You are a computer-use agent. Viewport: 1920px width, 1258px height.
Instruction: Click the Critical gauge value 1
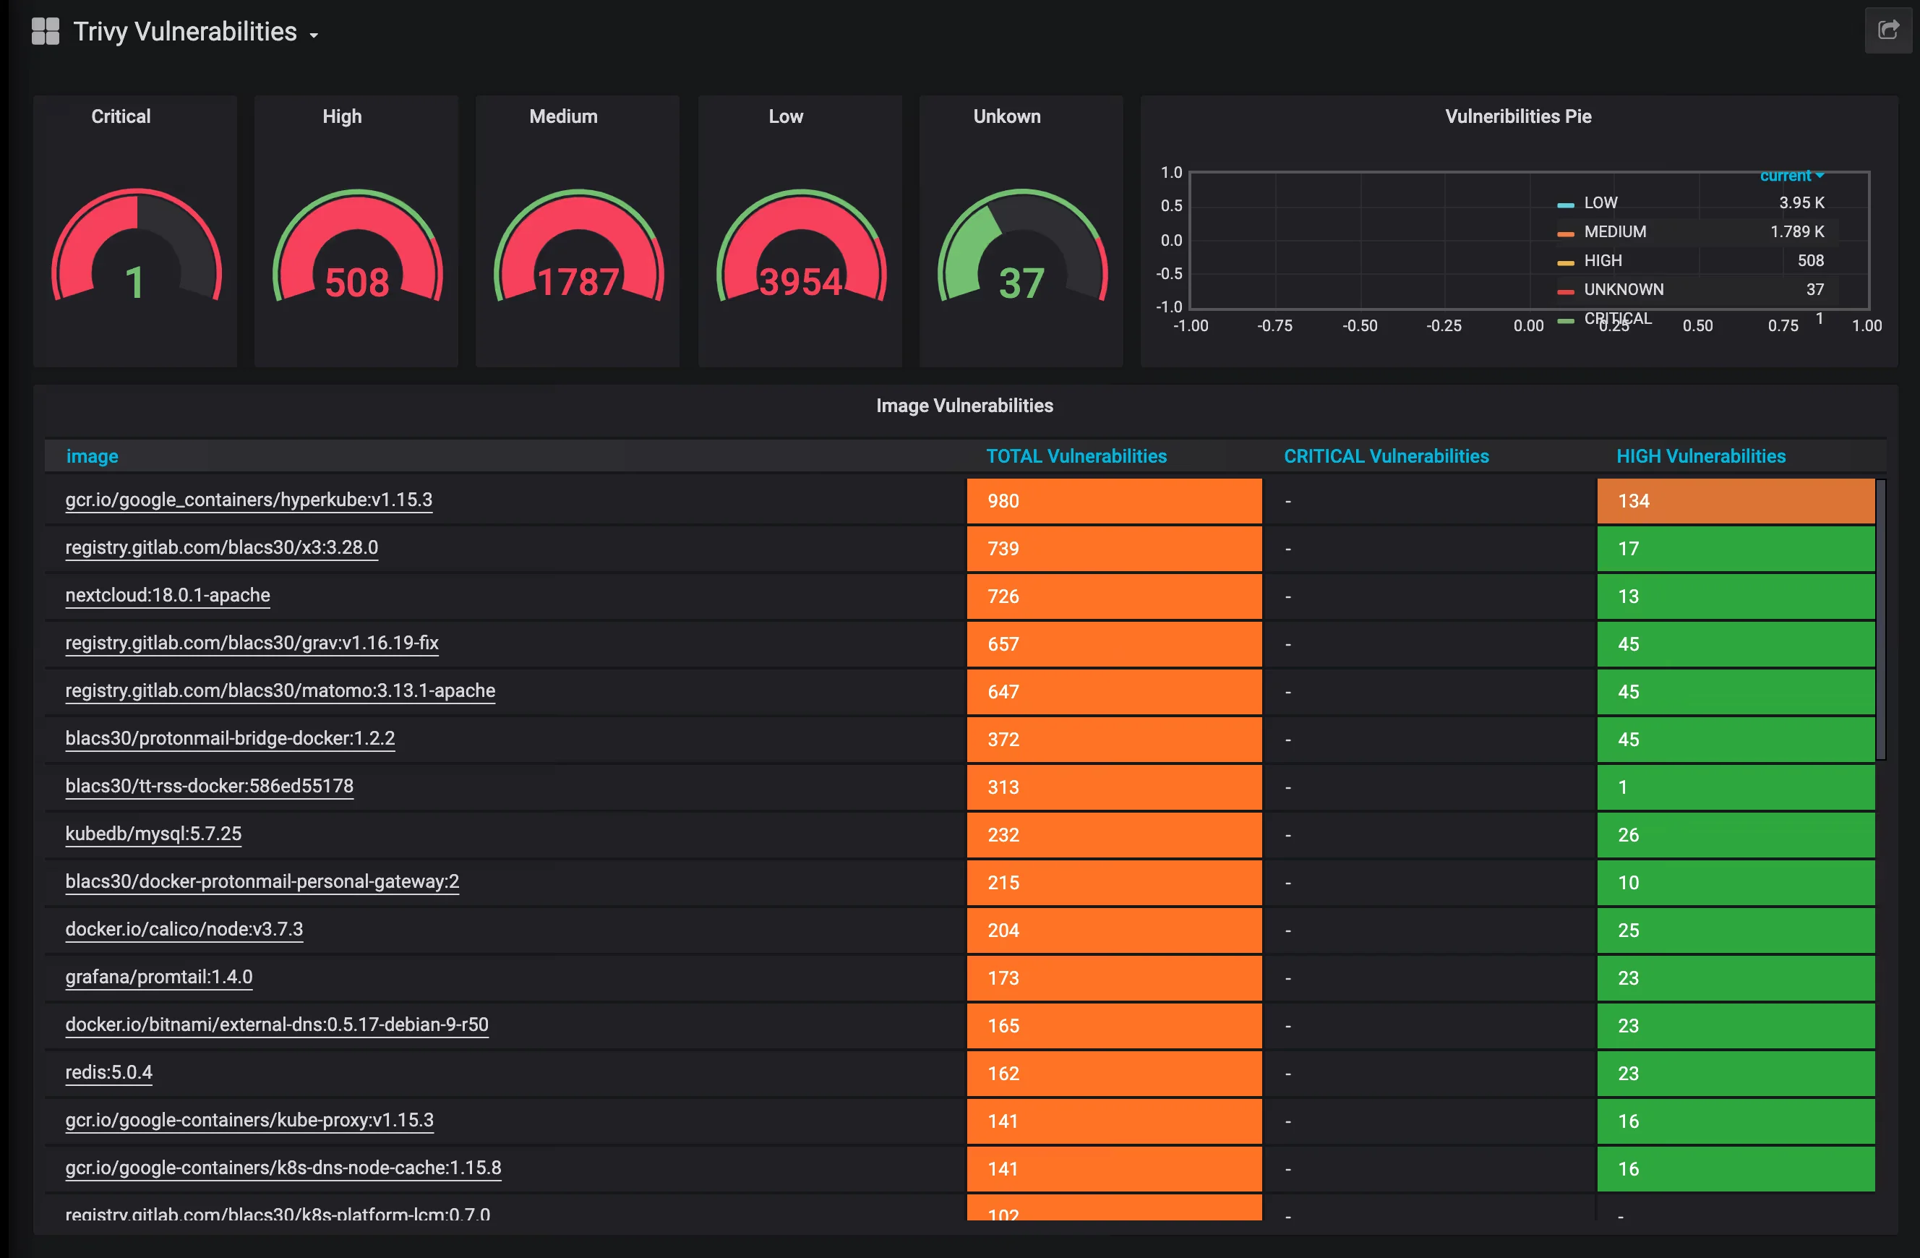coord(134,283)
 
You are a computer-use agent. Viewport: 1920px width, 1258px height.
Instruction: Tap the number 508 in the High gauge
coord(356,283)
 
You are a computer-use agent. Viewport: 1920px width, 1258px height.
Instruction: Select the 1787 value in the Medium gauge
coord(578,283)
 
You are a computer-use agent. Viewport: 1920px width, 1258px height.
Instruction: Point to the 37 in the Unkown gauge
coord(1021,283)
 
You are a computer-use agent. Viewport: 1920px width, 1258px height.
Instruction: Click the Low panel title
coord(785,116)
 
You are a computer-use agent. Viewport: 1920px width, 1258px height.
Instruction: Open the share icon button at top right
coord(1887,30)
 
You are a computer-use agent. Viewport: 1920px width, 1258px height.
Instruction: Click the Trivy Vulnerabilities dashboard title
coord(185,32)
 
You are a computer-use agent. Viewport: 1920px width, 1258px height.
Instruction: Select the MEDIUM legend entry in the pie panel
coord(1614,231)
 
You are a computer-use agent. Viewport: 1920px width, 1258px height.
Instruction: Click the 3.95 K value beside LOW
coord(1801,202)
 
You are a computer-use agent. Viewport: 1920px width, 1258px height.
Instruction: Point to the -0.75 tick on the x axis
coord(1274,325)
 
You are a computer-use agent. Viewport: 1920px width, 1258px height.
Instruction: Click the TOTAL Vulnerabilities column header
coord(1076,456)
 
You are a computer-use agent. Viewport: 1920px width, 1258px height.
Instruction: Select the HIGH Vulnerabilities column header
coord(1700,456)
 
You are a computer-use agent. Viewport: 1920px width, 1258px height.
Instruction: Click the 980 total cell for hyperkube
coord(1003,501)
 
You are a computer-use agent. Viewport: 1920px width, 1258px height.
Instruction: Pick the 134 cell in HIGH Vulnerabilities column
coord(1634,501)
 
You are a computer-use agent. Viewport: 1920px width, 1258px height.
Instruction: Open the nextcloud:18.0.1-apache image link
coord(168,595)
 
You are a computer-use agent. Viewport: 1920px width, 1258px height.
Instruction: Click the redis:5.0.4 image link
coord(109,1071)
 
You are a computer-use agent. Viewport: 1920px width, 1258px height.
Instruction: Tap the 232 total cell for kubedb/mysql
coord(1003,834)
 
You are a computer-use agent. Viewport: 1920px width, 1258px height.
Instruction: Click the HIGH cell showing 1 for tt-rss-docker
coord(1622,787)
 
